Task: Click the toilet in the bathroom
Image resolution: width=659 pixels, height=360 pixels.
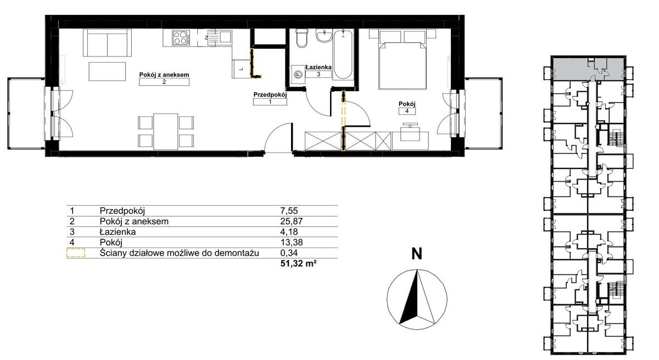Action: (x=301, y=38)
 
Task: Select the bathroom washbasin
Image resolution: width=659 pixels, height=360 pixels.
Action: (x=324, y=36)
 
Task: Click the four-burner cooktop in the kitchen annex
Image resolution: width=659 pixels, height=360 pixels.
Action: (x=181, y=38)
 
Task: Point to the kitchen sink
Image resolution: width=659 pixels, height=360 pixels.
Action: (x=220, y=38)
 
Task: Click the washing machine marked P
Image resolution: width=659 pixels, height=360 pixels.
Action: (x=298, y=74)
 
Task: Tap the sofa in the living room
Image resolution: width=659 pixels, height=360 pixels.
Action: (x=107, y=43)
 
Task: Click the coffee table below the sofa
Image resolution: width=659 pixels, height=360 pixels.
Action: (x=107, y=71)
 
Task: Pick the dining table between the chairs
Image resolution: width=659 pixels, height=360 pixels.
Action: (x=166, y=131)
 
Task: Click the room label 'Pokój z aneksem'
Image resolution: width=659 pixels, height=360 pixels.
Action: (x=164, y=75)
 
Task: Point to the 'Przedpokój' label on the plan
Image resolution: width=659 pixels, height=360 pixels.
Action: (x=270, y=94)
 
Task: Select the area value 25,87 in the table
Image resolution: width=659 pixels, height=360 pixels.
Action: (x=292, y=221)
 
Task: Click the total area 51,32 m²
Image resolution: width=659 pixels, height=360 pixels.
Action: (x=299, y=263)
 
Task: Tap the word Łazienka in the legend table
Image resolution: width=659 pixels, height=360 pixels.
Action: (x=118, y=232)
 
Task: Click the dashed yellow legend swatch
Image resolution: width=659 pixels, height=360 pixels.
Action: (x=76, y=253)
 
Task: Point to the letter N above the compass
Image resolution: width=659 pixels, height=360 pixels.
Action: (x=417, y=254)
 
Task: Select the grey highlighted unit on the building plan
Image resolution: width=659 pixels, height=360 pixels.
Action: (x=588, y=69)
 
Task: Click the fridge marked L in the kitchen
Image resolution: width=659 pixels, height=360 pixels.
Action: (x=241, y=69)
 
